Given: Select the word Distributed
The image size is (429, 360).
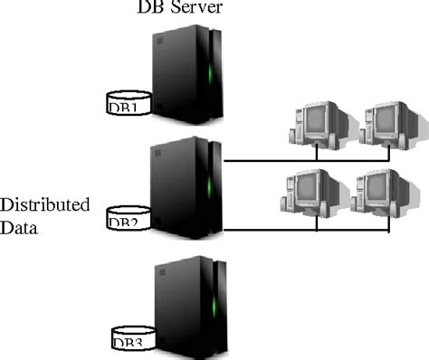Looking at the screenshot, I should [45, 205].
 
